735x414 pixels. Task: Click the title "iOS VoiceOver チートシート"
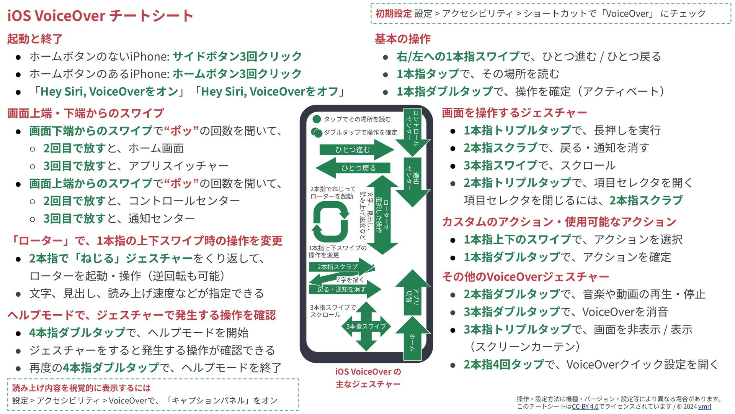point(100,16)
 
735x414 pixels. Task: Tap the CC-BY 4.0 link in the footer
point(585,406)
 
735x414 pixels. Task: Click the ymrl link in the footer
point(704,406)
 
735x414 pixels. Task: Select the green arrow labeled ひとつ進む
point(354,149)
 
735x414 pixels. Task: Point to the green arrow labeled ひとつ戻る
point(354,168)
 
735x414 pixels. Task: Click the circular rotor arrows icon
point(330,222)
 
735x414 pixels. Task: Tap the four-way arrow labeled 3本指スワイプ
point(366,326)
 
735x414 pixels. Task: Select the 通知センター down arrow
point(413,180)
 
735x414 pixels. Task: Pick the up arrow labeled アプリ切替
point(413,293)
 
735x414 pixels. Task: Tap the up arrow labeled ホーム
point(413,339)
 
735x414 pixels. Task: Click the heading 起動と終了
point(35,39)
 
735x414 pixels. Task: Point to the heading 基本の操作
point(402,39)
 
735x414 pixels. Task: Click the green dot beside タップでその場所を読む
point(317,119)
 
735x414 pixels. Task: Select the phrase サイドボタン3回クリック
point(237,56)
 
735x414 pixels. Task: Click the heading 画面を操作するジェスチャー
point(514,113)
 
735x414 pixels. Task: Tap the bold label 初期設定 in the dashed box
point(393,14)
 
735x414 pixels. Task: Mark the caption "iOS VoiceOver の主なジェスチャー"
point(368,378)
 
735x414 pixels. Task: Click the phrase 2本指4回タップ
point(503,364)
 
